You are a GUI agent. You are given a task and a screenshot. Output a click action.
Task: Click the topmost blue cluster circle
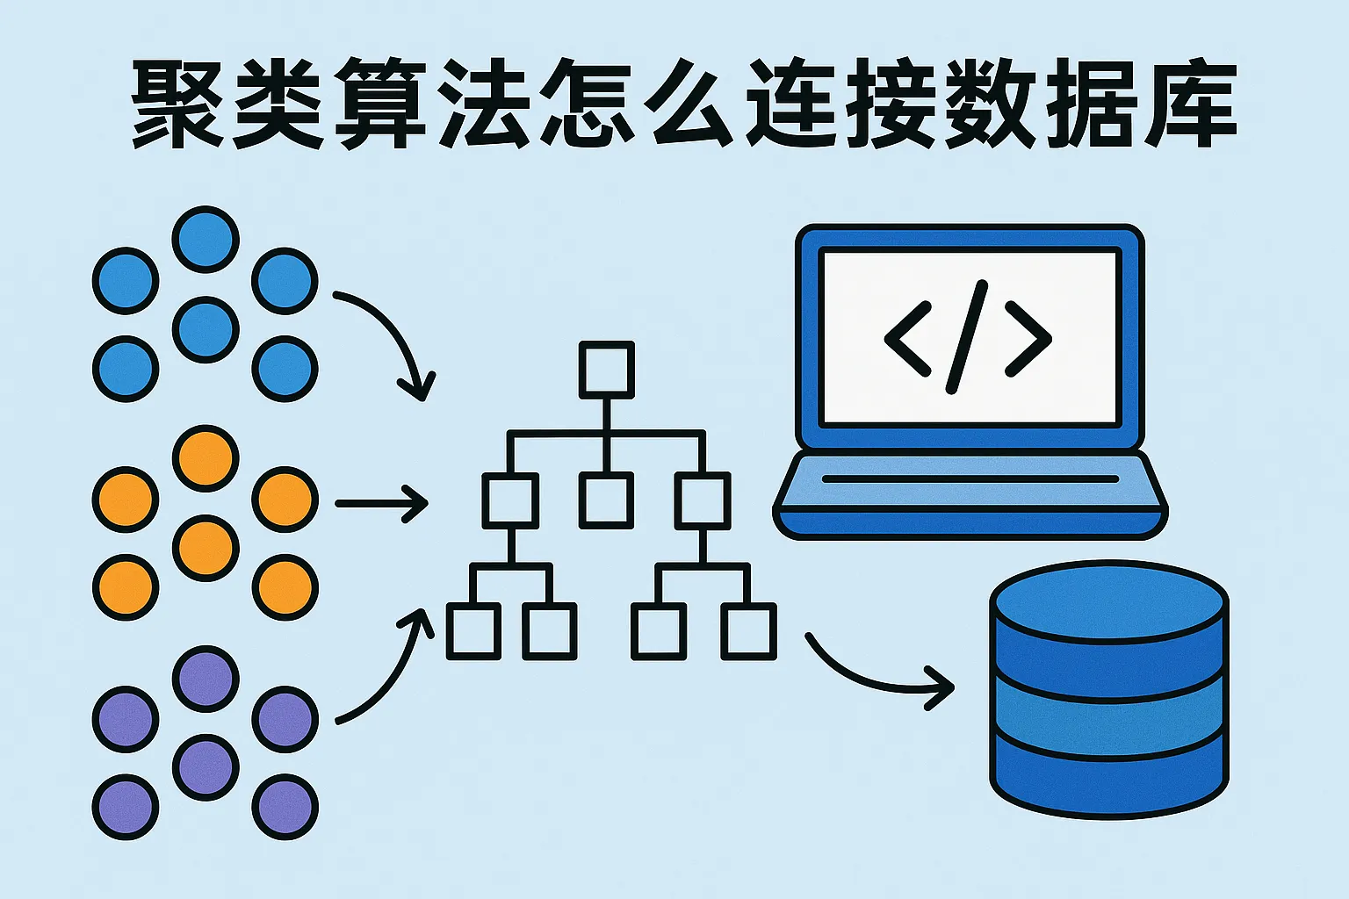206,240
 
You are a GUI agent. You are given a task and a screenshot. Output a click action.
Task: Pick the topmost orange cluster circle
206,459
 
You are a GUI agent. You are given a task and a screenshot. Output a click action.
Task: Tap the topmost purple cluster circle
206,680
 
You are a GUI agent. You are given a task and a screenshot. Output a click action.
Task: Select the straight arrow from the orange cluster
381,503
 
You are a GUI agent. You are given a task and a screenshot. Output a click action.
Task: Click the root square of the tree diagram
607,370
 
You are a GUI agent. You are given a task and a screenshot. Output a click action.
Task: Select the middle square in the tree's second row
607,500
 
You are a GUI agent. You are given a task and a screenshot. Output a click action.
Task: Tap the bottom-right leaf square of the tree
748,631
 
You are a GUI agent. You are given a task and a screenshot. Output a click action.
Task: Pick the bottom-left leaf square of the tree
474,631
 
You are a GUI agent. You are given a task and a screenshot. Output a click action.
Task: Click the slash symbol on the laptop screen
967,337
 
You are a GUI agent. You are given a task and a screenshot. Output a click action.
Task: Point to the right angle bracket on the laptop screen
1028,339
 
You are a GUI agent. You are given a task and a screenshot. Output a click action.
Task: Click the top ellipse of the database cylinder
1108,601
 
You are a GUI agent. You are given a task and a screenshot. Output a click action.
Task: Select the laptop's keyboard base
970,495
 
